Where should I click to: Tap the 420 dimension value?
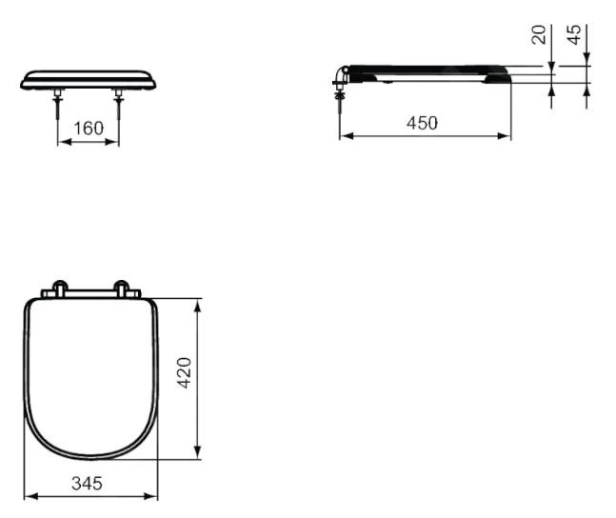(x=186, y=372)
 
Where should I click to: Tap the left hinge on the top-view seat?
(x=60, y=288)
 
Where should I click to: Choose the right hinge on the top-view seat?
(x=123, y=288)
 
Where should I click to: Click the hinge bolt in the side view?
(x=340, y=100)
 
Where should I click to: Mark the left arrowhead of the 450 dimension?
(x=344, y=135)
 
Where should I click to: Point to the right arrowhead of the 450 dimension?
(x=507, y=135)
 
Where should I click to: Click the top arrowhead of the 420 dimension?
(x=198, y=304)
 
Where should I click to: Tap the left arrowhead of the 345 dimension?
(x=28, y=495)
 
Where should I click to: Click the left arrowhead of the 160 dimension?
(x=63, y=142)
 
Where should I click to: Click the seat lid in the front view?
(x=89, y=78)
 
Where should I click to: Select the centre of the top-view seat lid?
(x=89, y=376)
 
